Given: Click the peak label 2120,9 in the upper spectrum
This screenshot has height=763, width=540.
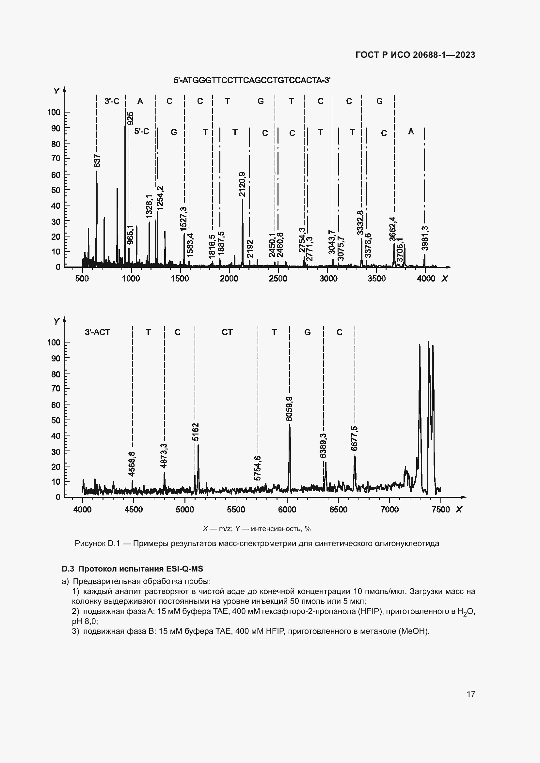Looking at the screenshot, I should click(242, 184).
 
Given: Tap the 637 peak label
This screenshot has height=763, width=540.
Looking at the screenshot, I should click(97, 161).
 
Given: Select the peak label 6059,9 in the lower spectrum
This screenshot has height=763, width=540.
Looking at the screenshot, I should click(289, 409).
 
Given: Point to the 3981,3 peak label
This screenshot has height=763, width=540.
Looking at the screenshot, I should click(425, 238).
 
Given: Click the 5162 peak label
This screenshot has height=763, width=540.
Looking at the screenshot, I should click(196, 432).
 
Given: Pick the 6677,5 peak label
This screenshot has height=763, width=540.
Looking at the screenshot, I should click(355, 438).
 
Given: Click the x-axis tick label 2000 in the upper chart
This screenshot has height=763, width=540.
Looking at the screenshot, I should click(229, 279).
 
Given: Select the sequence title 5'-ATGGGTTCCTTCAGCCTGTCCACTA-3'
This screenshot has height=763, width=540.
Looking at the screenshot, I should click(252, 81).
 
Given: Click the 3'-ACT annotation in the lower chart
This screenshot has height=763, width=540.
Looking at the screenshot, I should click(97, 332).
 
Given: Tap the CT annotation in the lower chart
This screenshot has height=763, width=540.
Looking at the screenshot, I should click(227, 332).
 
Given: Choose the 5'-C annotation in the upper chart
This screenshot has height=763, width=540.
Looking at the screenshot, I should click(142, 131).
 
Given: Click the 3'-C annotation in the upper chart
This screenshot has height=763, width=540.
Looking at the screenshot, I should click(112, 101).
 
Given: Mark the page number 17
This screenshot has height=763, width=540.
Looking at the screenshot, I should click(471, 694).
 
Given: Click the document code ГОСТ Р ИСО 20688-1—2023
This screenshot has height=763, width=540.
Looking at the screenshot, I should click(415, 55).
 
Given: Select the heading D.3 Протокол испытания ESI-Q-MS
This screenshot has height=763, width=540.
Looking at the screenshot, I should click(132, 569).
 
